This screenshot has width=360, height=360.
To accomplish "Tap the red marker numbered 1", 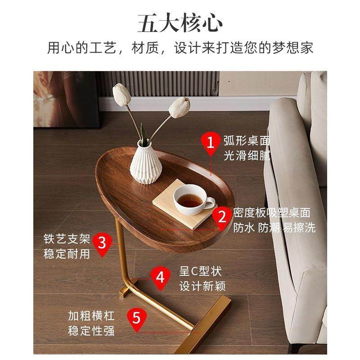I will click(x=211, y=143).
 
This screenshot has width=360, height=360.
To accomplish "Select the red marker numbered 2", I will click(x=222, y=216).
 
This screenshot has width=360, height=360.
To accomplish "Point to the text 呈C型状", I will click(x=201, y=272).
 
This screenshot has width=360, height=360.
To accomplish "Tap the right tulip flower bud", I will click(x=179, y=108).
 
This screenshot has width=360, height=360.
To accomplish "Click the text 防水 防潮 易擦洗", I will click(x=274, y=228).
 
